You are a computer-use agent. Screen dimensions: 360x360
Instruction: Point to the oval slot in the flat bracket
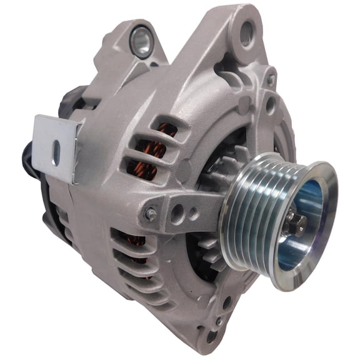tap(56, 152)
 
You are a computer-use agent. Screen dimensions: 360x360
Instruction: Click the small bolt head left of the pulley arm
tap(151, 214)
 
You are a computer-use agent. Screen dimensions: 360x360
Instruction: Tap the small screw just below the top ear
tap(271, 79)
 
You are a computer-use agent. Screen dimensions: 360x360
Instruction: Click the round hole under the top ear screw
tap(270, 103)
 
